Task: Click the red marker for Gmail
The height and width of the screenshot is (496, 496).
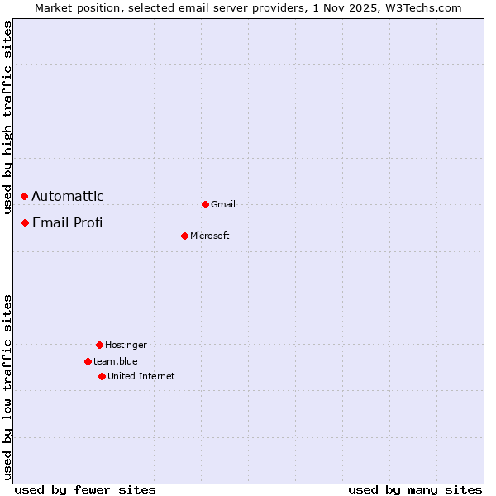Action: tap(205, 204)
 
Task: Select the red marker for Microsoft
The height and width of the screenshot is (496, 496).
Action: tap(184, 236)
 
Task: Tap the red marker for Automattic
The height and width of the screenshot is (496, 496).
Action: tap(25, 196)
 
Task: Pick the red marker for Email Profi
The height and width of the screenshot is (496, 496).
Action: tap(26, 222)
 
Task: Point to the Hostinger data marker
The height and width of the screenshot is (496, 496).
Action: tap(99, 345)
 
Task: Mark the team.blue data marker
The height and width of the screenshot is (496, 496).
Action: tap(88, 361)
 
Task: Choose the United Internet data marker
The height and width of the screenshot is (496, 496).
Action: tap(102, 376)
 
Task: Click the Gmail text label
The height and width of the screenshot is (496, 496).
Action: tap(223, 204)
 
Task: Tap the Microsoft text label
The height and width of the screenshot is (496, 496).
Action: tap(210, 236)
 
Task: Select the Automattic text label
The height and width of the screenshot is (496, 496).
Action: tap(68, 196)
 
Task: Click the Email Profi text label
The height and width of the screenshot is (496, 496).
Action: tap(67, 222)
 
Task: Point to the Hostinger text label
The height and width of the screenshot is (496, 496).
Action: tap(126, 345)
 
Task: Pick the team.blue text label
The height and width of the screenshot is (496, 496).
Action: tap(116, 361)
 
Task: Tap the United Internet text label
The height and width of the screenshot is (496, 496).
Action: tap(141, 376)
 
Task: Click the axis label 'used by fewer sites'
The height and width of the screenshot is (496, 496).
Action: tap(85, 489)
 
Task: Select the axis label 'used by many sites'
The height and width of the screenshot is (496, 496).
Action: tap(415, 489)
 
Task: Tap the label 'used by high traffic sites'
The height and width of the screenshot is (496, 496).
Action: tap(7, 117)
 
